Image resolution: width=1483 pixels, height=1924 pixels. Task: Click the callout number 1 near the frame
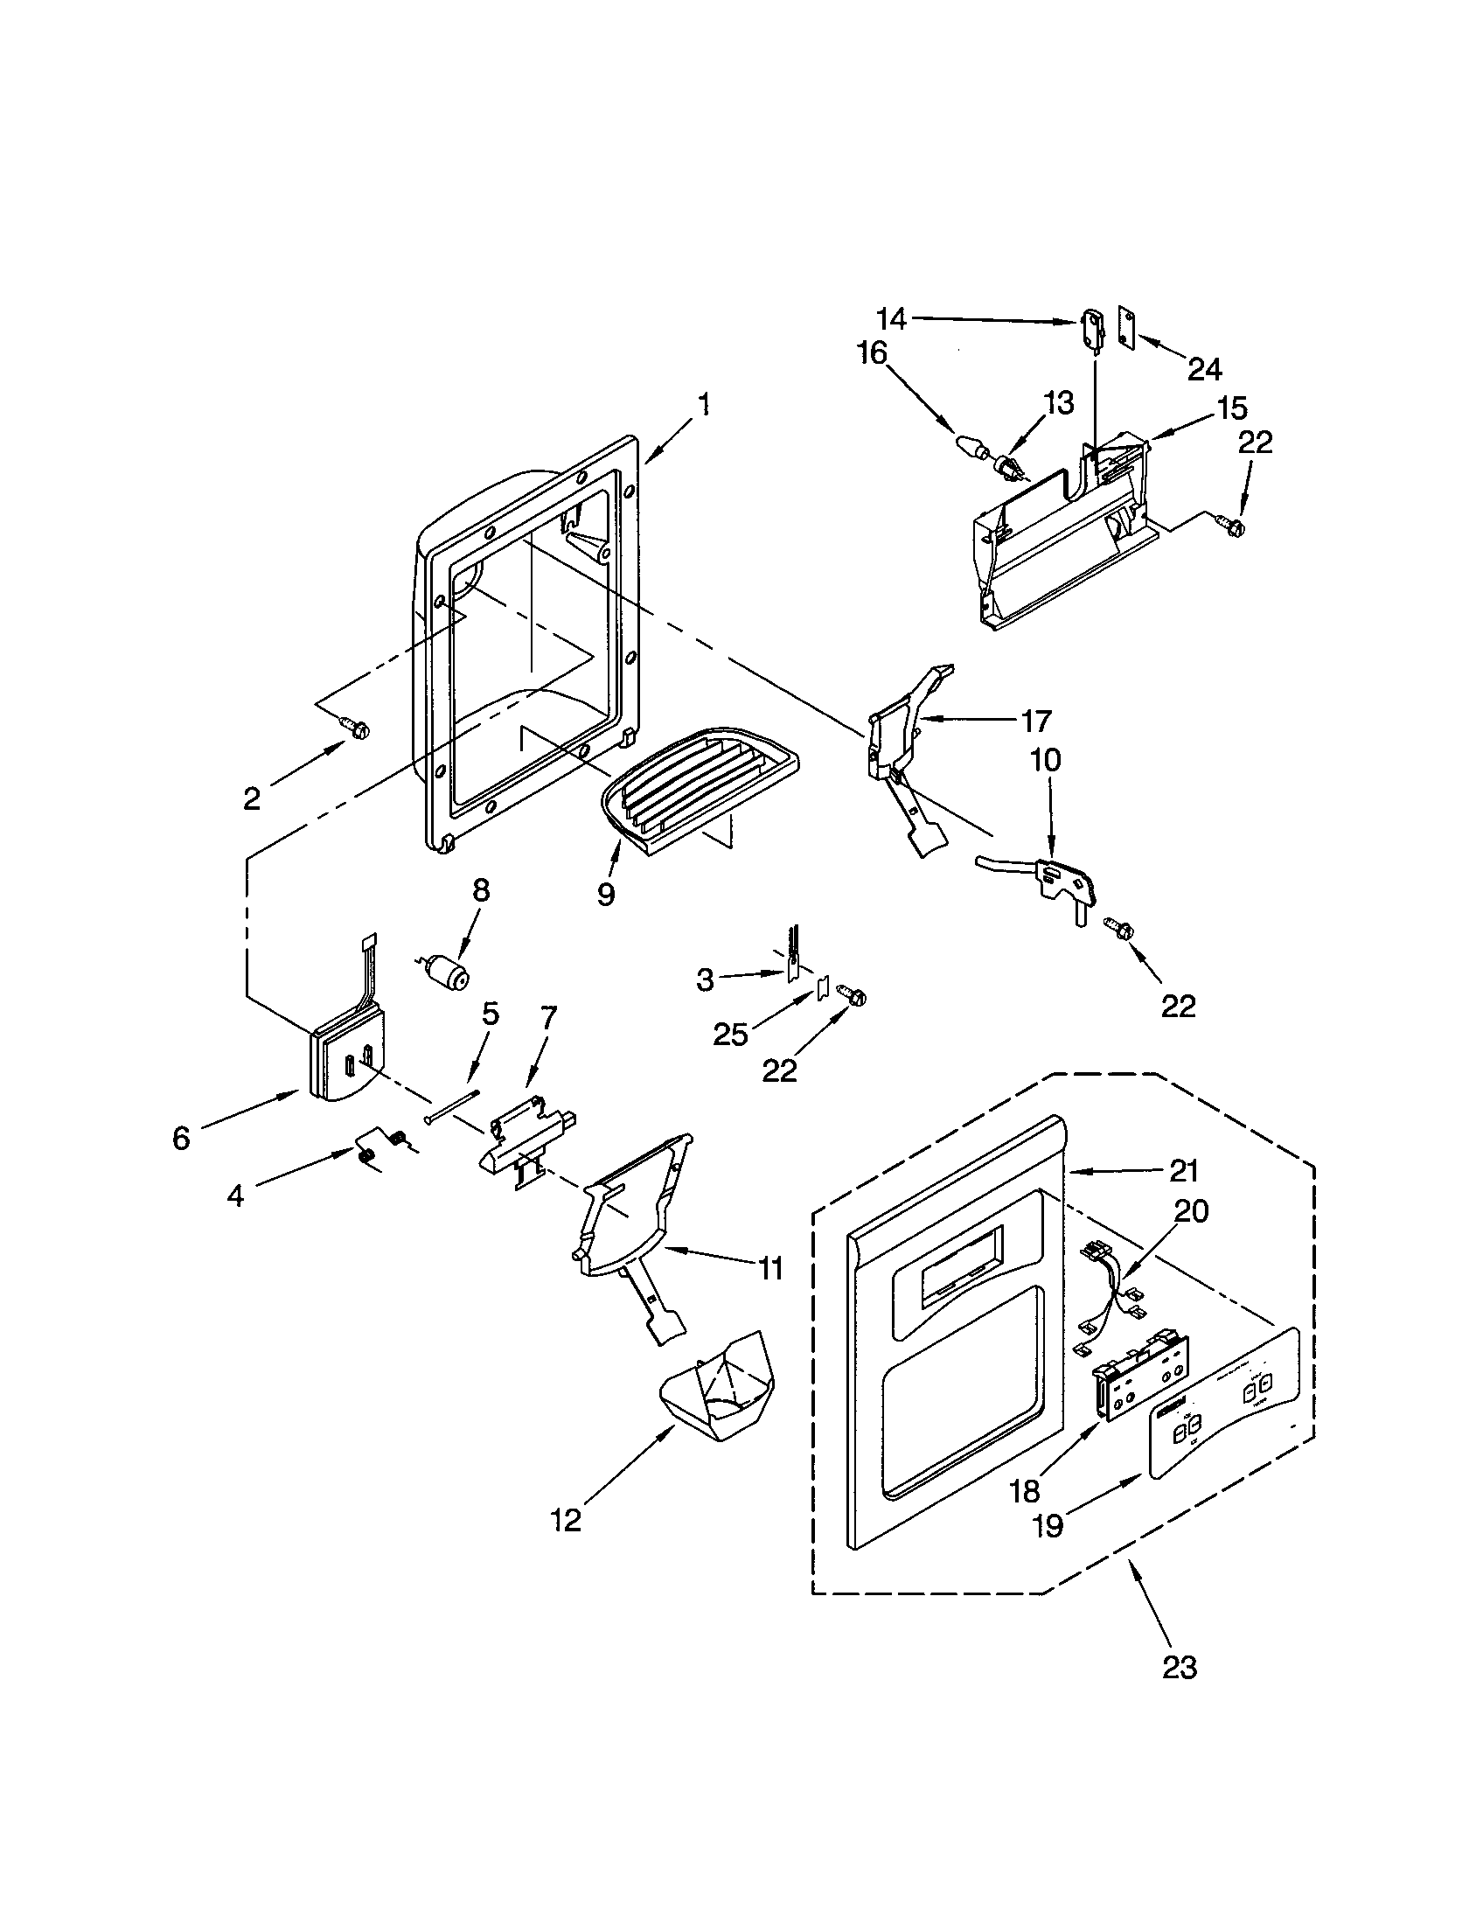tap(703, 405)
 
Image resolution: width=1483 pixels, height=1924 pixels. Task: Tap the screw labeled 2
tap(358, 728)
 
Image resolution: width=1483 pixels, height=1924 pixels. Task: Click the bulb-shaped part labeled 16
tap(971, 447)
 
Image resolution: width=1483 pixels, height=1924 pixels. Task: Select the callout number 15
tap(1233, 408)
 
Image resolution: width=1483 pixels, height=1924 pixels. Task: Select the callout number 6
tap(180, 1139)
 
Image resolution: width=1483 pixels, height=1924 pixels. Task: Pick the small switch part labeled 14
tap(1091, 330)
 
